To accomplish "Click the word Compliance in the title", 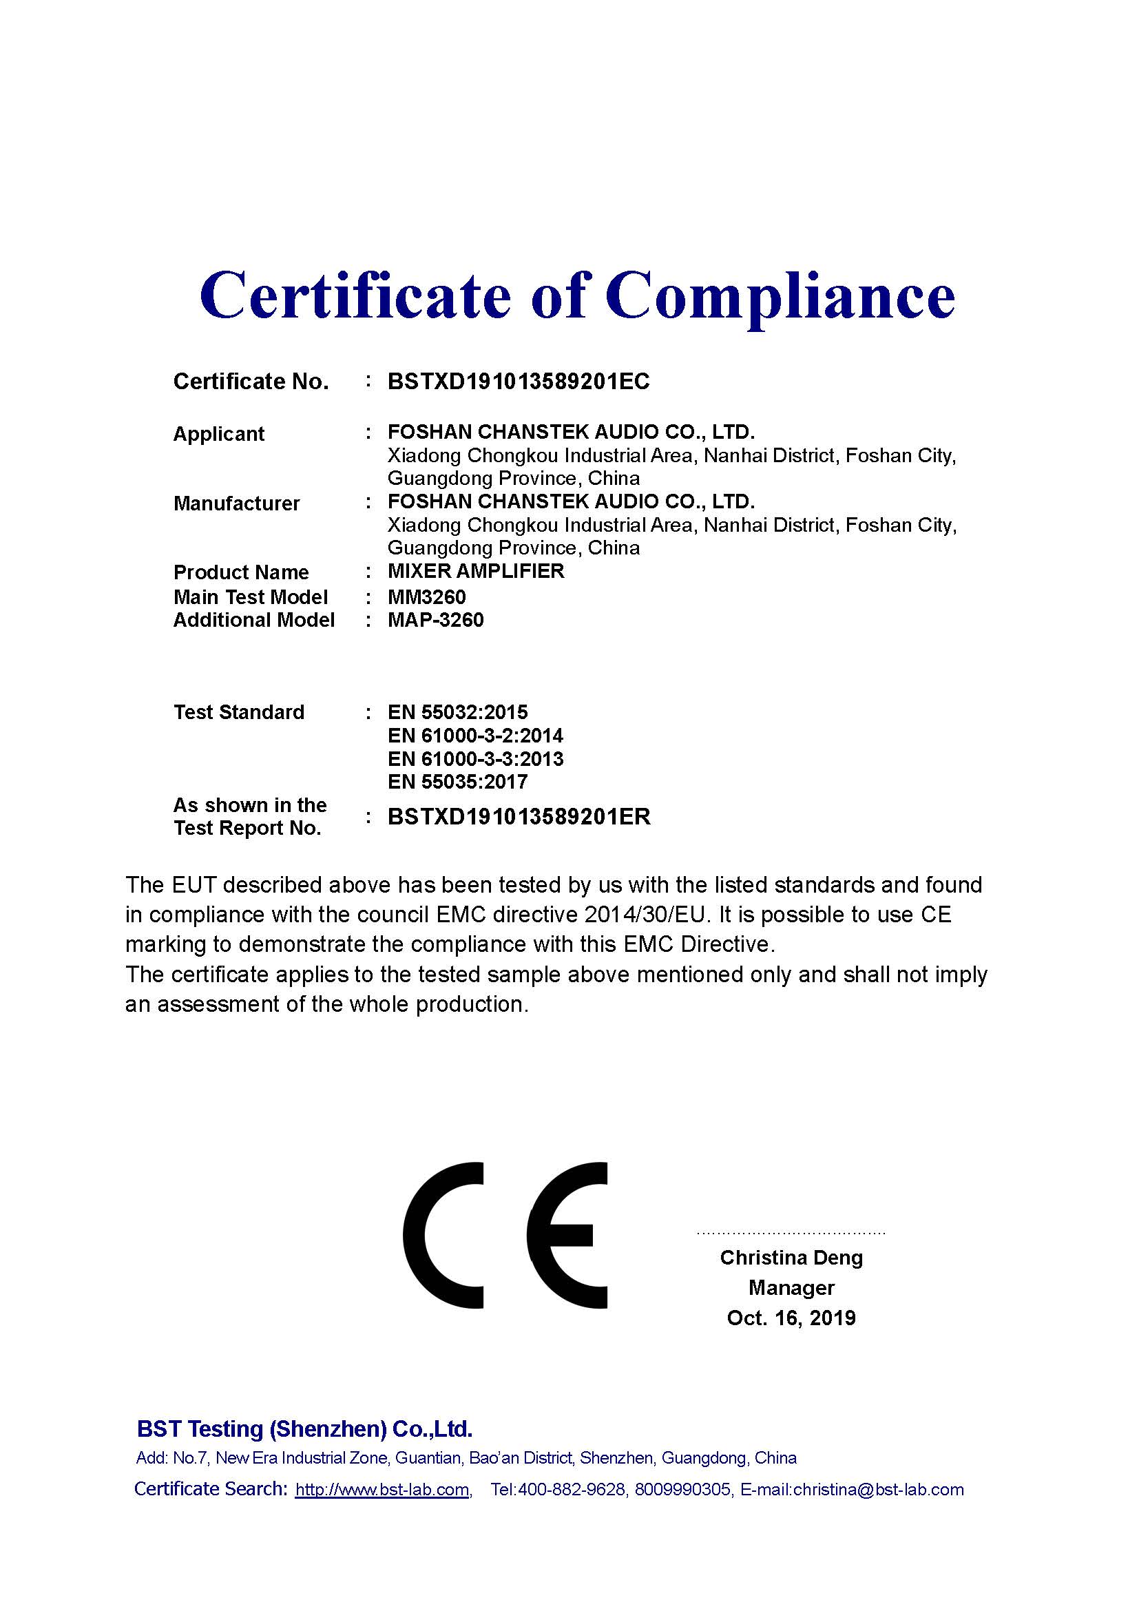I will (780, 296).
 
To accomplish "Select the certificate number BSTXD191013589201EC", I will (519, 382).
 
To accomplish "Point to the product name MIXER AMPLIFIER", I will (476, 571).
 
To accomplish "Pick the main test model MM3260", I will (426, 597).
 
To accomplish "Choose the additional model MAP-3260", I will (435, 621).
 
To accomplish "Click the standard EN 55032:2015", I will (457, 712).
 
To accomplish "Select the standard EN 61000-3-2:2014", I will (475, 736).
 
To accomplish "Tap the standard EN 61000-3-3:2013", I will (475, 758).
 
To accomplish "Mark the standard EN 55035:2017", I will (457, 782).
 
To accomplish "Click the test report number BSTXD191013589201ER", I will (519, 817).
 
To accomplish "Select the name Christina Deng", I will (791, 1258).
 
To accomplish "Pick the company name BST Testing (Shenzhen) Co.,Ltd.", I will (304, 1429).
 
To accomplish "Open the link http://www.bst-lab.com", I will (382, 1490).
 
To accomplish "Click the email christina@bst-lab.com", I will (878, 1490).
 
